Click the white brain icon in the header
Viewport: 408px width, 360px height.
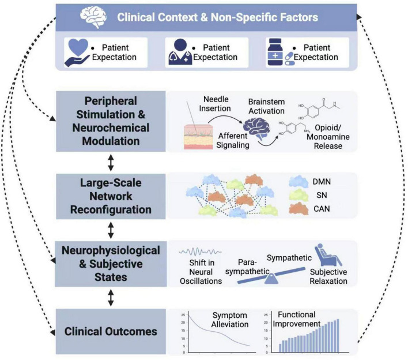coord(93,17)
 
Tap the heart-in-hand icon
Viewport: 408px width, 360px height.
coord(77,52)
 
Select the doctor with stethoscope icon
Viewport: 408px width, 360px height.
coord(180,52)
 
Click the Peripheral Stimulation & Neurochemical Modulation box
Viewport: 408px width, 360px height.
coord(111,121)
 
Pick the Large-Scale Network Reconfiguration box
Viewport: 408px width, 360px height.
coord(111,196)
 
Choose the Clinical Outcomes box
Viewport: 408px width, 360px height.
coord(111,331)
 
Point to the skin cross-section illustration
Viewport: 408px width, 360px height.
coord(198,137)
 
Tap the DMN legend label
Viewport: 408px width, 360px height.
coord(322,182)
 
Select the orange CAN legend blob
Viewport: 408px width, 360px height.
coord(299,209)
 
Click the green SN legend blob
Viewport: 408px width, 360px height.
coord(299,195)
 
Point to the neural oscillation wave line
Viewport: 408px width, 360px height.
coord(200,252)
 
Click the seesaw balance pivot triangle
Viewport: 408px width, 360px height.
coord(271,279)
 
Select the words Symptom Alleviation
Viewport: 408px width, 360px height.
coord(230,320)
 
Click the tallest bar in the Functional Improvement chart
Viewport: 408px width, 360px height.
coord(338,336)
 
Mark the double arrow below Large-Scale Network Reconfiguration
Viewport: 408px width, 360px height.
coord(111,230)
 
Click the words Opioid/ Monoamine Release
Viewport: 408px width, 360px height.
coord(328,137)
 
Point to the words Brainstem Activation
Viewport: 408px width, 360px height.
coord(266,106)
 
